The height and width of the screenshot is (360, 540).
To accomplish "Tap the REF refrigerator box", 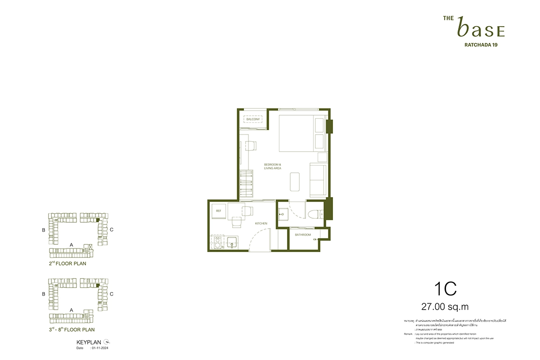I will pyautogui.click(x=219, y=211).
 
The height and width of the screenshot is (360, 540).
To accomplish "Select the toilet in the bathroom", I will pyautogui.click(x=315, y=214).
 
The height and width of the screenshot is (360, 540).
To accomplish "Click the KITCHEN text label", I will pyautogui.click(x=261, y=223).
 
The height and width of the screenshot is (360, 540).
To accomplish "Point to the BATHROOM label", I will pyautogui.click(x=303, y=234).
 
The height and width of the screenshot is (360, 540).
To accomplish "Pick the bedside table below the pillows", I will pyautogui.click(x=322, y=157).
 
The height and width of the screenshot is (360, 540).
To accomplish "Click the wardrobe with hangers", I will pyautogui.click(x=246, y=184).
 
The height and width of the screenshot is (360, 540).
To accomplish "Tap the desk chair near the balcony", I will pyautogui.click(x=251, y=145).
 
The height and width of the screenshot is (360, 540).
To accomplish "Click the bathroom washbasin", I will pyautogui.click(x=283, y=214).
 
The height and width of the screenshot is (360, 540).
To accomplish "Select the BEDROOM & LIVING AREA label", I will pyautogui.click(x=273, y=166).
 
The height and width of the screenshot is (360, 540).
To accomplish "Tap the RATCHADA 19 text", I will pyautogui.click(x=480, y=45).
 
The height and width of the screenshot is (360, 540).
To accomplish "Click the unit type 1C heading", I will pyautogui.click(x=445, y=289).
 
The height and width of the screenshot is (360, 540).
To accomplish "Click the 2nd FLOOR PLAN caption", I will pyautogui.click(x=67, y=264).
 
